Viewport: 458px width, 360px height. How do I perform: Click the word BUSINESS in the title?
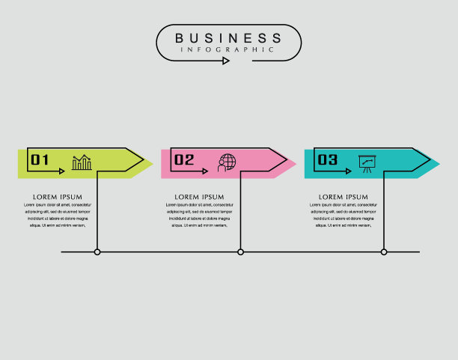228,37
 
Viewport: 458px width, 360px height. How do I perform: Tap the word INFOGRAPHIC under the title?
228,49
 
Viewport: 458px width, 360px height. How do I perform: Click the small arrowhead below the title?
226,61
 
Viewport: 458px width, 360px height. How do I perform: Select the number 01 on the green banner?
40,159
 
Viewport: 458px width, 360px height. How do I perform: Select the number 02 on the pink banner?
184,159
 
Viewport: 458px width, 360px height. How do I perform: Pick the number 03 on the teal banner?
328,159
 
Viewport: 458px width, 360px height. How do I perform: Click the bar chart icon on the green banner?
82,162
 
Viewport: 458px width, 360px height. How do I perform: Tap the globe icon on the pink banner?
226,162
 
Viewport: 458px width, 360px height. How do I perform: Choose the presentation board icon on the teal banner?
367,162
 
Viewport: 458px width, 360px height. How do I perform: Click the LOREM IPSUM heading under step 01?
56,197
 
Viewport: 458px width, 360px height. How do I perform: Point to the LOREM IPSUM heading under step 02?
200,197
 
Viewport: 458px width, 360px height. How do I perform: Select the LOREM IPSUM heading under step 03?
343,197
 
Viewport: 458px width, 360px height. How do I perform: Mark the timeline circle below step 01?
97,252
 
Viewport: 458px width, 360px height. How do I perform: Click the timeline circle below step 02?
240,252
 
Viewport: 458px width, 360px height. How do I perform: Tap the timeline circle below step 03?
384,252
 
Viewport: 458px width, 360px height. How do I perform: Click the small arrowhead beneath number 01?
61,171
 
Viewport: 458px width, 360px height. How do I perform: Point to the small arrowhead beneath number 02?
205,171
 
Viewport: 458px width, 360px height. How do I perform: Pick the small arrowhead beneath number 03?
348,171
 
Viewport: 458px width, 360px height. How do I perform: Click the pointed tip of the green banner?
152,164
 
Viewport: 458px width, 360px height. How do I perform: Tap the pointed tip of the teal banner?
439,164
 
